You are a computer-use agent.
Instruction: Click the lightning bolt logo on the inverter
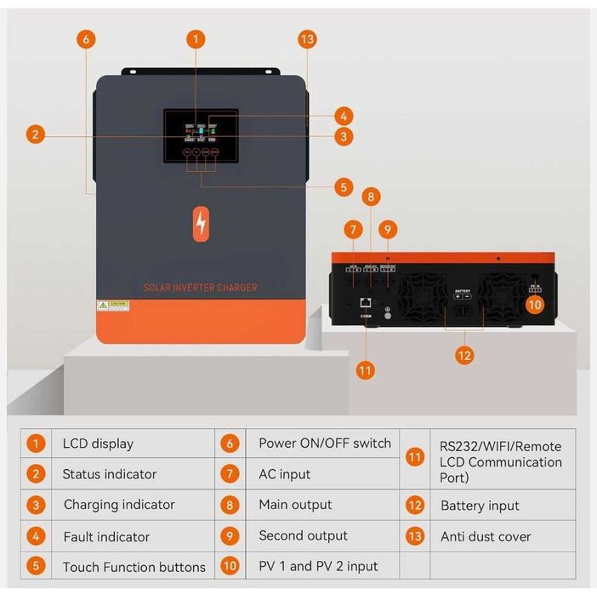[201, 223]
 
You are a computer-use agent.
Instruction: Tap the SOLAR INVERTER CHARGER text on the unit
[201, 288]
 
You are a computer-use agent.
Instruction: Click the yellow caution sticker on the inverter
[112, 304]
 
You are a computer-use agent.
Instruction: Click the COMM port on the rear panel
[365, 302]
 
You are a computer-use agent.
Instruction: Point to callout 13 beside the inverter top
[307, 39]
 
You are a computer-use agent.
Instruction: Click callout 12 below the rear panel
[463, 356]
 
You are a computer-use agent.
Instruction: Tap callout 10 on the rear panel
[534, 303]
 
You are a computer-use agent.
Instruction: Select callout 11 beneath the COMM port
[365, 370]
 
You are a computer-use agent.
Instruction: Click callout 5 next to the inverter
[344, 187]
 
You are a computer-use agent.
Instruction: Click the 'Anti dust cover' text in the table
[486, 537]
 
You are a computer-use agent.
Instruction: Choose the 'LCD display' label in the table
[98, 443]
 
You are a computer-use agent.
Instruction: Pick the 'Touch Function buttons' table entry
[134, 567]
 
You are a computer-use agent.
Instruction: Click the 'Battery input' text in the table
[480, 506]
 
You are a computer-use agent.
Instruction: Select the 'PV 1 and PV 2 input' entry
[318, 566]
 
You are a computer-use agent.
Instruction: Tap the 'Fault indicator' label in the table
[106, 537]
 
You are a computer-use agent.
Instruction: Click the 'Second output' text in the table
[303, 535]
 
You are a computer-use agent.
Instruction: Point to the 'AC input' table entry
[284, 474]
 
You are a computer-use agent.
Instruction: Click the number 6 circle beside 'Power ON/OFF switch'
[230, 443]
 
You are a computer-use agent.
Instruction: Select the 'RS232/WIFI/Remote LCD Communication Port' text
[500, 462]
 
